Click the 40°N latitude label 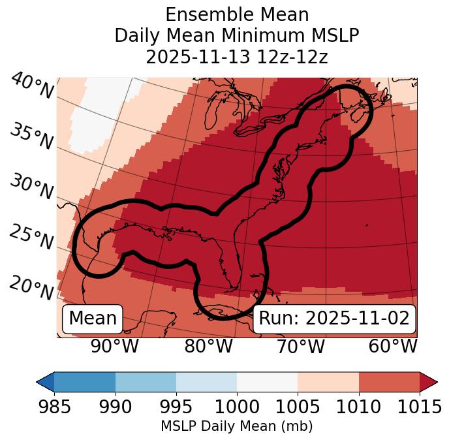click(x=32, y=87)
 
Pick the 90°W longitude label click(x=114, y=347)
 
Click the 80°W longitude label click(x=208, y=347)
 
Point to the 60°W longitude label click(x=393, y=347)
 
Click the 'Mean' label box click(x=93, y=319)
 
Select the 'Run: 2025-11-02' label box click(x=334, y=319)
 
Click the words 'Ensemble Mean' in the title click(x=237, y=14)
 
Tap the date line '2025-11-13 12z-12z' click(x=237, y=57)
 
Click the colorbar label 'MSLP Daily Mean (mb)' click(x=237, y=427)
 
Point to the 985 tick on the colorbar click(x=54, y=407)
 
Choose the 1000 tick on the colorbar click(x=237, y=407)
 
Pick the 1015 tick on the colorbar click(x=420, y=407)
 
